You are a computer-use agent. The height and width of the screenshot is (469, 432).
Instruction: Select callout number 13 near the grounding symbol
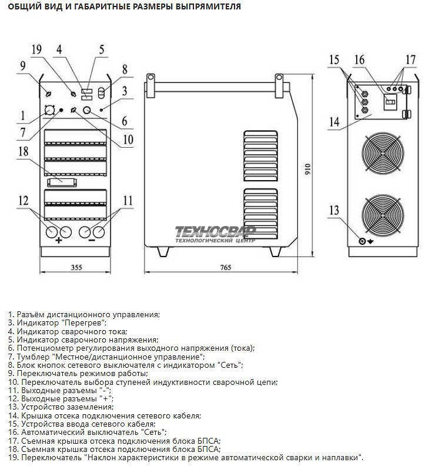tap(334, 211)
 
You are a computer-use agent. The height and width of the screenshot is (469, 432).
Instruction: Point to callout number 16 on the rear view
tap(360, 59)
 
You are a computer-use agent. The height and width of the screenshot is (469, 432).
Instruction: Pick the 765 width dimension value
tap(226, 268)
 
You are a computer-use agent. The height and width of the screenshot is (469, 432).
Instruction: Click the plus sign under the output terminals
tap(59, 241)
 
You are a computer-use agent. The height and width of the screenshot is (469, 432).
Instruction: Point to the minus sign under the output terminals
tap(92, 241)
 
